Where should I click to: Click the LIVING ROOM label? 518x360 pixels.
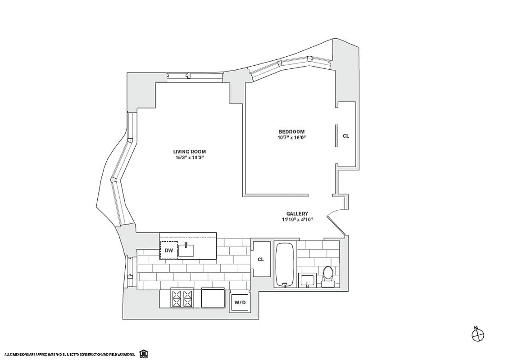189,152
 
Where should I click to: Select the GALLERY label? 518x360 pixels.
297,213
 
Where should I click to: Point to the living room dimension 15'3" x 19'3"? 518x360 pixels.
189,158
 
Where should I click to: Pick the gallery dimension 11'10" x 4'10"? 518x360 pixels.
297,220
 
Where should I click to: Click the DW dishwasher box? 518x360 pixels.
169,250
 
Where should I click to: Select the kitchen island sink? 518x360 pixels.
186,250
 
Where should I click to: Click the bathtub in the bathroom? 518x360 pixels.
285,265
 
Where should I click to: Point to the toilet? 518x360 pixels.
327,276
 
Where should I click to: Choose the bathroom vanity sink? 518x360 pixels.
307,280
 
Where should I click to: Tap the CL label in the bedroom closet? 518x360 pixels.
345,135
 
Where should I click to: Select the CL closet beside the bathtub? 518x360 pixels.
260,260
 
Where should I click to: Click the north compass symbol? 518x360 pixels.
477,334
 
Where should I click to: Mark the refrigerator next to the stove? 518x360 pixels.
213,298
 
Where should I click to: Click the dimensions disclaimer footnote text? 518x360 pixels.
70,355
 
